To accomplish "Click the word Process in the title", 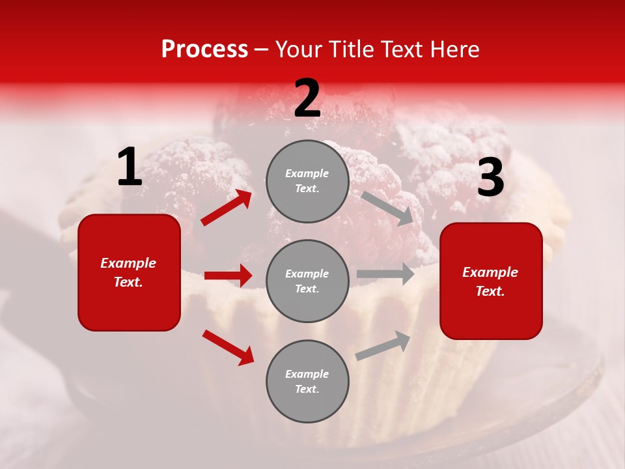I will coord(204,49).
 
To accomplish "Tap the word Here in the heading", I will coord(453,49).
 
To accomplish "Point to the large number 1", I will coord(130,167).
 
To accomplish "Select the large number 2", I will coord(307,98).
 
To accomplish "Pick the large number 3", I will coord(490,178).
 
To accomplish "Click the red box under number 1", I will coord(129,272).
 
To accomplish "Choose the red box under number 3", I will coord(491,281).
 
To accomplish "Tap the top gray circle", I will coord(307,181).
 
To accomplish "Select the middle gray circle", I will coord(307,281).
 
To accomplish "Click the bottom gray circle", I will coord(307,381).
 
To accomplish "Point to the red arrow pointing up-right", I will coord(227,208).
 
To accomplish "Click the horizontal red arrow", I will coord(228,276).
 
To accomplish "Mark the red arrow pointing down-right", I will coord(228,347).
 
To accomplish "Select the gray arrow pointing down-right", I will coord(388,208).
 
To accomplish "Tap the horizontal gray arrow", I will coord(385,274).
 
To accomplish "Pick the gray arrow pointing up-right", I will coord(383,345).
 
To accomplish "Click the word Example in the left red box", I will coord(128,263).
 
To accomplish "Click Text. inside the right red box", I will coord(490,291).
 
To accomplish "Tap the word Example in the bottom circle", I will coord(307,374).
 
